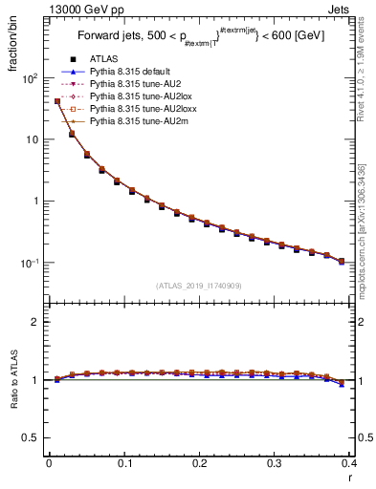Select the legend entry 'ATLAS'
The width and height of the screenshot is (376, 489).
point(104,59)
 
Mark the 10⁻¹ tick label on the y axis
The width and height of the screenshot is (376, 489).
point(30,263)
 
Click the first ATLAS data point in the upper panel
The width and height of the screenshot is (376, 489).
point(57,101)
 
